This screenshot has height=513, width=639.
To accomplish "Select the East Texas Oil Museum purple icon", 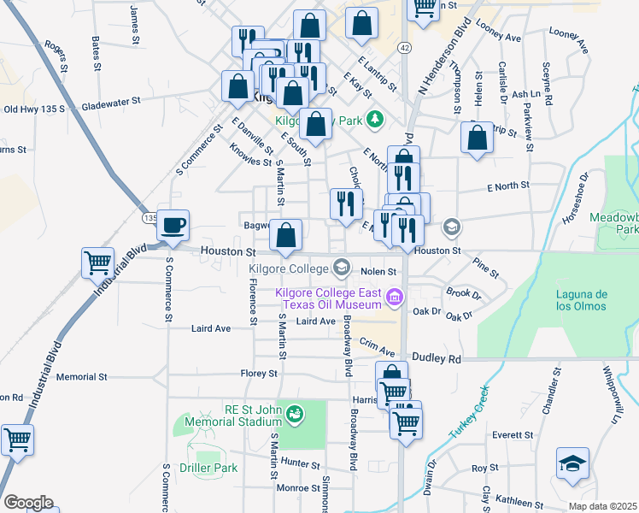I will point(394,298).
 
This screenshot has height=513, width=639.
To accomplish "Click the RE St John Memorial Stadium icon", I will point(295,415).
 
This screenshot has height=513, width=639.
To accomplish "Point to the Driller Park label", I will point(208,468).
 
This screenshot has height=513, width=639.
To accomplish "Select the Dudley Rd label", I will point(437,359).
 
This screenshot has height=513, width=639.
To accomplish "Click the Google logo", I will point(28,502).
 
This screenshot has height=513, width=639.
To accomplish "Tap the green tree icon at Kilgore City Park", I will point(373,118).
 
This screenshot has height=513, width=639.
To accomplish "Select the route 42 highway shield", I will point(404,48).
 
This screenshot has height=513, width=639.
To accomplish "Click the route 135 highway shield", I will point(149,218).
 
